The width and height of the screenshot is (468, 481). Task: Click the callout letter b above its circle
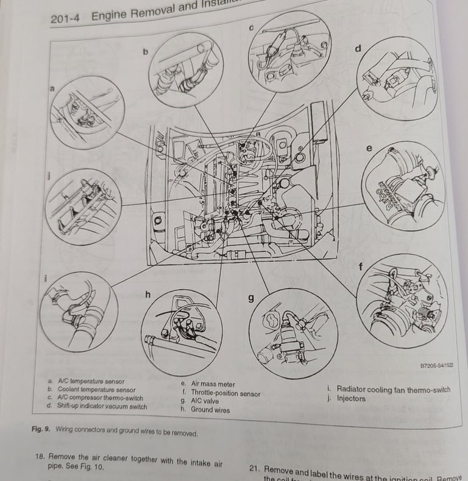tap(146, 52)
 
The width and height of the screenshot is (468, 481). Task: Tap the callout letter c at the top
tap(251, 27)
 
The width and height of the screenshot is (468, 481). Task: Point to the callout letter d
tap(358, 48)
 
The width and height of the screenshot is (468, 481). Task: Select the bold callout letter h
tap(147, 295)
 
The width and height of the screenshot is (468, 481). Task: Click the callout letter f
tap(361, 266)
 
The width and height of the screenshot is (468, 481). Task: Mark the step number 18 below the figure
tap(40, 457)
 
